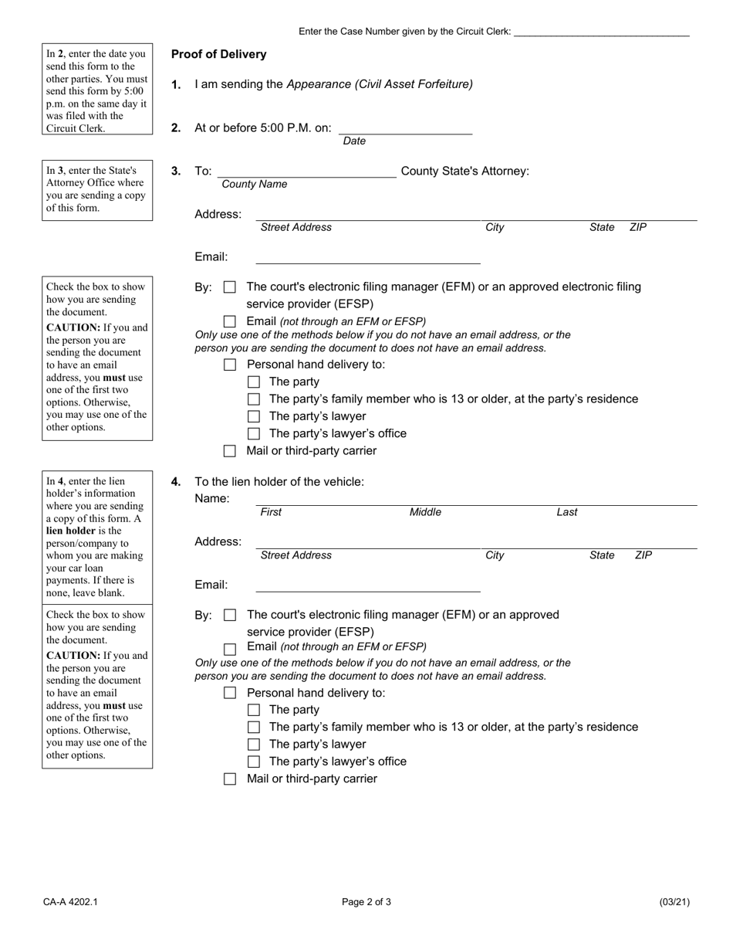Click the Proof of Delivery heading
218,54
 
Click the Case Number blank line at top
601,32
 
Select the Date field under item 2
405,128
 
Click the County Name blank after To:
306,171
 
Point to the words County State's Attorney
465,171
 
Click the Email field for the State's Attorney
367,257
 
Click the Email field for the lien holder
367,585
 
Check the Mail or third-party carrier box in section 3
229,451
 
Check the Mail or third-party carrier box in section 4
229,779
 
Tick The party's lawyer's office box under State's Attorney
253,434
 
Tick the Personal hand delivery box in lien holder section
229,693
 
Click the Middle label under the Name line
425,512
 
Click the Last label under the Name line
567,512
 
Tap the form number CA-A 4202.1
70,902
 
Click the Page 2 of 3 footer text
366,902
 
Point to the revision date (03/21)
674,902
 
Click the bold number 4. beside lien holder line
176,482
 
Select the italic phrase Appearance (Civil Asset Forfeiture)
380,84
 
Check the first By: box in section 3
229,287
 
